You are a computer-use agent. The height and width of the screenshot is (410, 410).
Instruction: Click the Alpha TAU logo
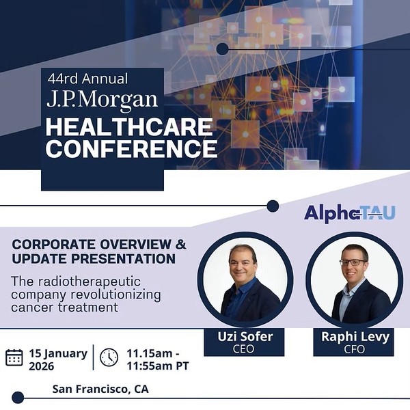coord(350,214)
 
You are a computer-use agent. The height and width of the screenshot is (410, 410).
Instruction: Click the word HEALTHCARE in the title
coord(129,127)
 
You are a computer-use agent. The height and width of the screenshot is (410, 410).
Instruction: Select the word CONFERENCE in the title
coord(131,148)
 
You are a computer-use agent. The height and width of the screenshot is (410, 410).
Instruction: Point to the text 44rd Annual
coord(87,79)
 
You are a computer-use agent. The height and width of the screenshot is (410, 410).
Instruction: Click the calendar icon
coord(14,357)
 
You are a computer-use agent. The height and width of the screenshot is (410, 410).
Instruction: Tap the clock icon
coord(109,357)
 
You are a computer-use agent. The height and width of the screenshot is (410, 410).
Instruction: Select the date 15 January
coord(58,353)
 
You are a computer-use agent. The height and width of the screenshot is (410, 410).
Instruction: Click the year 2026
coord(41,366)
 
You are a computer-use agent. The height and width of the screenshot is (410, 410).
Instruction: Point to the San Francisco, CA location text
coord(100,389)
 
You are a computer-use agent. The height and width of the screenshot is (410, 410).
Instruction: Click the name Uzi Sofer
coord(245,336)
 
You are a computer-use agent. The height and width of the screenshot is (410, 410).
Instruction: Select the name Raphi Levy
coord(355,336)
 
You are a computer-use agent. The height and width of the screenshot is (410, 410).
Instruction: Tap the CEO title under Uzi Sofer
coord(243,348)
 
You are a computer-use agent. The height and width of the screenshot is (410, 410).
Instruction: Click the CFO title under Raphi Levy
coord(354,349)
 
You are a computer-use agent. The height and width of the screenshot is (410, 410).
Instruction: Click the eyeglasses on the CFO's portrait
coord(353,262)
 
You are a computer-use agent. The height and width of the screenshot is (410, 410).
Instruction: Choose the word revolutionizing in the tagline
coord(116,295)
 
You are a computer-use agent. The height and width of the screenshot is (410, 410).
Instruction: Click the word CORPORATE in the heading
coord(53,245)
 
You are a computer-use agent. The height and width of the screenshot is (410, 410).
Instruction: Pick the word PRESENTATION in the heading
coord(124,259)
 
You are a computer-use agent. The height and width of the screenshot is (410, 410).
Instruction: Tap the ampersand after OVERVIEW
coord(180,244)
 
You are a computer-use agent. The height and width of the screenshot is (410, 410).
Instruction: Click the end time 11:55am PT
coord(158,366)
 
